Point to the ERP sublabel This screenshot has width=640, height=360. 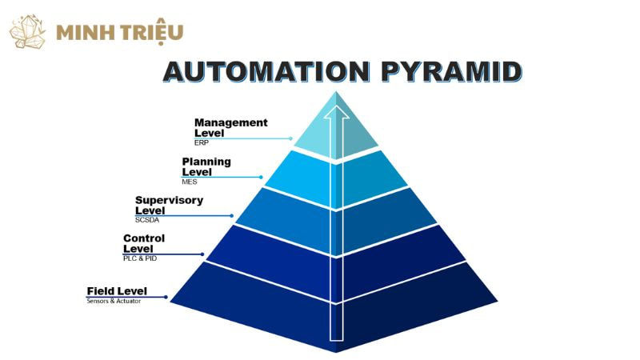(201, 142)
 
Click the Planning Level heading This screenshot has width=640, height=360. (206, 166)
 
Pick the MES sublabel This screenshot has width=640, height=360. (190, 182)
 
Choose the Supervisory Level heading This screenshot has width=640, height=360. (169, 205)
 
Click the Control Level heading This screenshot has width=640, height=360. (144, 243)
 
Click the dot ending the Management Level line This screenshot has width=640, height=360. (291, 138)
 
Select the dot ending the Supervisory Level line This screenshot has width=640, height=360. (233, 215)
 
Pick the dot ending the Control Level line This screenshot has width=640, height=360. (202, 254)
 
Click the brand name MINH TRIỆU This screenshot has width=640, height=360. (120, 33)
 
